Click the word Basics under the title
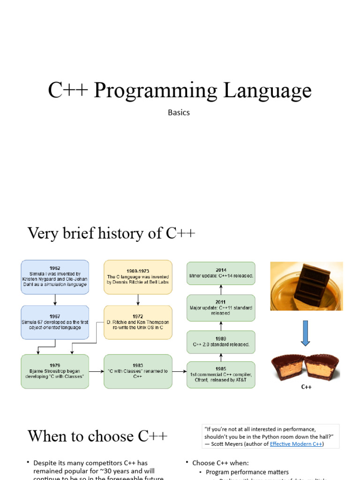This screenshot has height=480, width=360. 179,112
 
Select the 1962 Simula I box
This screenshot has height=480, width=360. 55,277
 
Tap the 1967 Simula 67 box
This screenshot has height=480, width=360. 55,322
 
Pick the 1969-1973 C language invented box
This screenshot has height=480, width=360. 138,277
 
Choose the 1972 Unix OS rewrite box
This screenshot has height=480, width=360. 138,322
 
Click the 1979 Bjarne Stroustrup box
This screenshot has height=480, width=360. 55,371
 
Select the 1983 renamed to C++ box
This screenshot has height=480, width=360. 138,371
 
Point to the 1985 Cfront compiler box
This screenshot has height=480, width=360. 221,375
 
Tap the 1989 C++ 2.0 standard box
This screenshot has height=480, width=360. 221,341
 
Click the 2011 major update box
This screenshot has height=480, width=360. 221,307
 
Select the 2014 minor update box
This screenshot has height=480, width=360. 221,273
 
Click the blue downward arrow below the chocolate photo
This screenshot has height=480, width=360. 305,333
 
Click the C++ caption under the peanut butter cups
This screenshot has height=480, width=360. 306,387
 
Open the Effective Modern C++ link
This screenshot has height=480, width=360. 296,444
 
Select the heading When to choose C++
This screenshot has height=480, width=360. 97,436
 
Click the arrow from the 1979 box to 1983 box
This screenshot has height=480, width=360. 96,371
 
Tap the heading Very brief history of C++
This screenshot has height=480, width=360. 112,233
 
